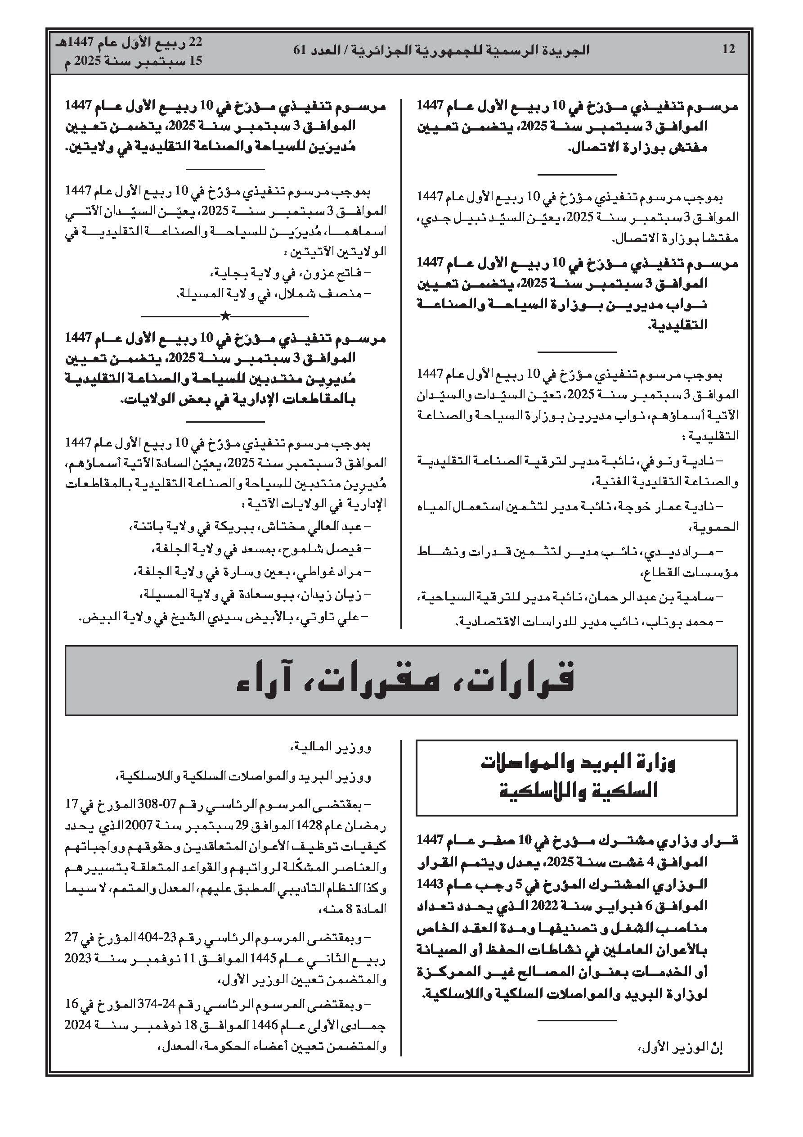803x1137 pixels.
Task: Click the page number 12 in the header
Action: point(728,50)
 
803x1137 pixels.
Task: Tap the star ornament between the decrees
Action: point(225,316)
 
